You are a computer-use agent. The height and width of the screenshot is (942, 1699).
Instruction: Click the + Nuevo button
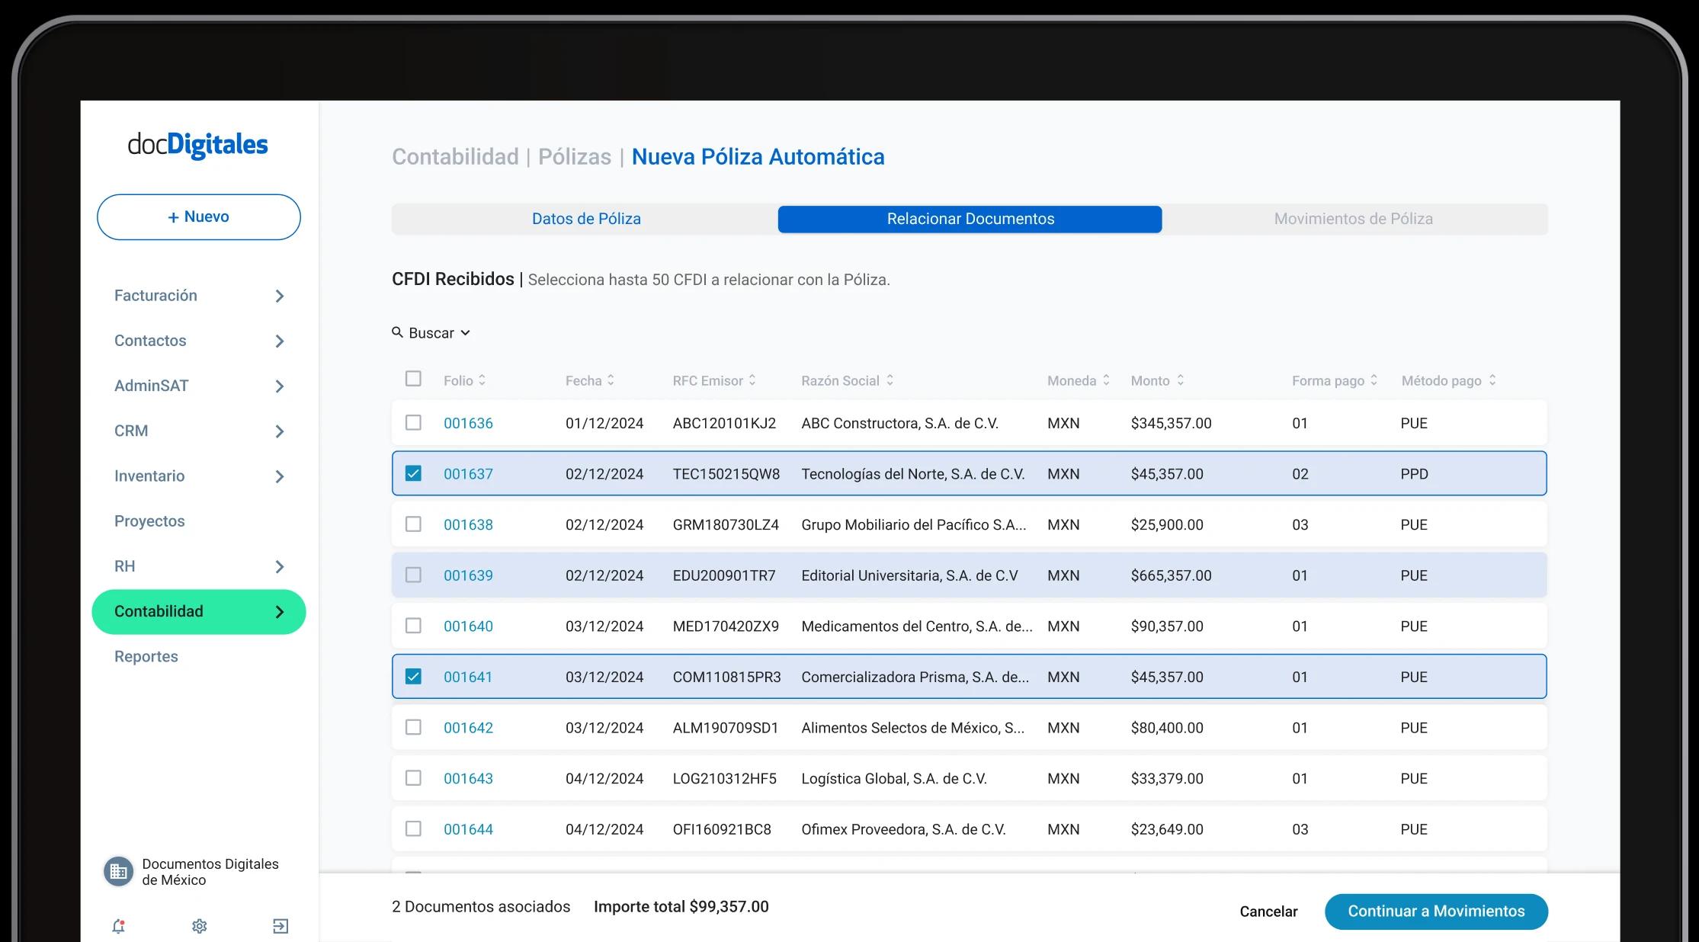[198, 217]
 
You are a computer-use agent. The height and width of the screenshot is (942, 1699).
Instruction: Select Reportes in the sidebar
[146, 657]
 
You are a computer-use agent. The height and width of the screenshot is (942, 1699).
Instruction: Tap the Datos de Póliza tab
[585, 219]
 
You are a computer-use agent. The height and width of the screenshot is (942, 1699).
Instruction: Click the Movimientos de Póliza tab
[1353, 219]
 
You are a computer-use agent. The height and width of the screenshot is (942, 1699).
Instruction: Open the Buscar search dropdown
[431, 333]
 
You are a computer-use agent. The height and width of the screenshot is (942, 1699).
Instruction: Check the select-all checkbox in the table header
[413, 379]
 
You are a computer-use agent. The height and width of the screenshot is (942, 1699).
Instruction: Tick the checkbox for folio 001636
[413, 422]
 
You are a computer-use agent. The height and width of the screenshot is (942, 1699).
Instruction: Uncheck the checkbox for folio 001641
[413, 677]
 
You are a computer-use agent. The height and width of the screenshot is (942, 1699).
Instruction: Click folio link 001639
[468, 575]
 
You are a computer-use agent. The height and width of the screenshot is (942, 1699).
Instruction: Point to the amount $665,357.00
[1171, 575]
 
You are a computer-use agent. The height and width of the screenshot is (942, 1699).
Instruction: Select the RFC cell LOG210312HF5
[724, 779]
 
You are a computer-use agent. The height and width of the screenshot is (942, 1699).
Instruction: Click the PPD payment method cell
[1414, 474]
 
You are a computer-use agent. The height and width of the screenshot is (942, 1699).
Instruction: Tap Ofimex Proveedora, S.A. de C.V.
[903, 829]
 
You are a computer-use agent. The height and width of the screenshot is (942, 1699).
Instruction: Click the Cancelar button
[1268, 912]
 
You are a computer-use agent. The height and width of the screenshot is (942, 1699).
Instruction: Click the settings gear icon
[200, 926]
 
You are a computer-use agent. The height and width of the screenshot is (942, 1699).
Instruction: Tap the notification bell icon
[118, 926]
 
